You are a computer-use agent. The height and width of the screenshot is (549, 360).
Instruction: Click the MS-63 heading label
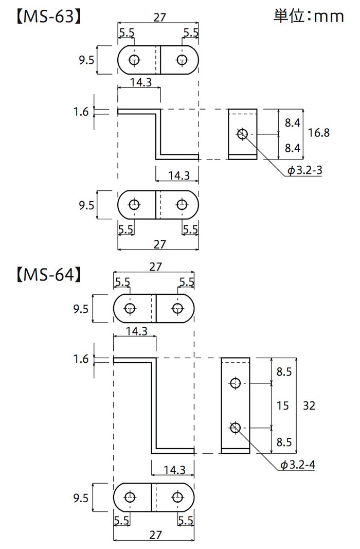(46, 16)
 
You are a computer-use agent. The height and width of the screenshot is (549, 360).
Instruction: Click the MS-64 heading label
(46, 274)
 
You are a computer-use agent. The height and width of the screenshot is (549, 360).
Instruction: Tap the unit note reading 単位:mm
(308, 16)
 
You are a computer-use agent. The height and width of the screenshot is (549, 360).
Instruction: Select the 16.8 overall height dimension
(319, 133)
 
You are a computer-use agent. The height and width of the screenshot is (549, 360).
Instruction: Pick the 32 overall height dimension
(310, 405)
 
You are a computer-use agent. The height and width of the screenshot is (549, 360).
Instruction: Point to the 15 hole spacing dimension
(283, 405)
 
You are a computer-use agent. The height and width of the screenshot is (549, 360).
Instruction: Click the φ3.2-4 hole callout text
(298, 465)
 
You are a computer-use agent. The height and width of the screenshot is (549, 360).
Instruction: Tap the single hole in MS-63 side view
(242, 134)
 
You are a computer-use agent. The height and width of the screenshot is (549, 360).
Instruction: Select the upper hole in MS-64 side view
(235, 383)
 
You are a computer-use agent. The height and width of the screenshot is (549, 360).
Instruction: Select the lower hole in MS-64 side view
(235, 427)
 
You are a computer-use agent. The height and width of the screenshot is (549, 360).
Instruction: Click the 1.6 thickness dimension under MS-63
(81, 112)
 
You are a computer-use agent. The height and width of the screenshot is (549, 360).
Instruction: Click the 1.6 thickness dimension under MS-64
(81, 359)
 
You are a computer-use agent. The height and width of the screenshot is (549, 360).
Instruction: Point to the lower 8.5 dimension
(284, 441)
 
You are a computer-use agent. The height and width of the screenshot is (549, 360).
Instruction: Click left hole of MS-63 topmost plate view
(135, 60)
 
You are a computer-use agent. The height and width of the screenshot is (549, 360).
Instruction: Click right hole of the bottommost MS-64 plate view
(177, 498)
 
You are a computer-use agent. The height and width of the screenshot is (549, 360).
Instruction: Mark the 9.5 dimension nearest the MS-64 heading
(81, 309)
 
